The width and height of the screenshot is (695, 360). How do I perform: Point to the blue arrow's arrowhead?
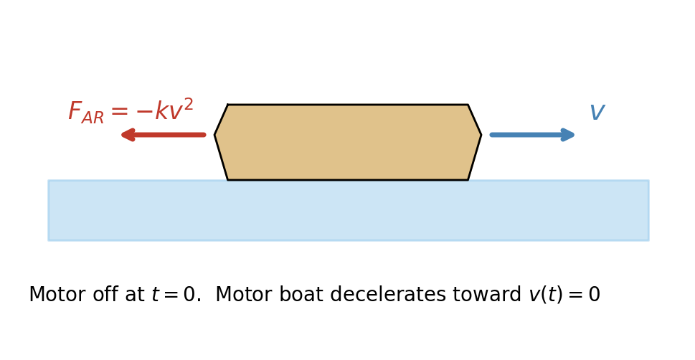(569, 135)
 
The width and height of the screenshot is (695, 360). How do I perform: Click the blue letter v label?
(597, 113)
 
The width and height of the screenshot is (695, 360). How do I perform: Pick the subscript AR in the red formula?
(93, 118)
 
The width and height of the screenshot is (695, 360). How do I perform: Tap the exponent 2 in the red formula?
(188, 104)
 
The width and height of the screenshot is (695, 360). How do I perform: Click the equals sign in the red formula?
(119, 112)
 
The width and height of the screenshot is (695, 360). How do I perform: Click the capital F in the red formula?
(75, 111)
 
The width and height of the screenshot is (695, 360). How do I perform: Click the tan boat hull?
(348, 142)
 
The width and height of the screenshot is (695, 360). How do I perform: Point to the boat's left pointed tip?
(216, 135)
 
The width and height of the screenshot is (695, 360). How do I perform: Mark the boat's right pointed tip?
(480, 135)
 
